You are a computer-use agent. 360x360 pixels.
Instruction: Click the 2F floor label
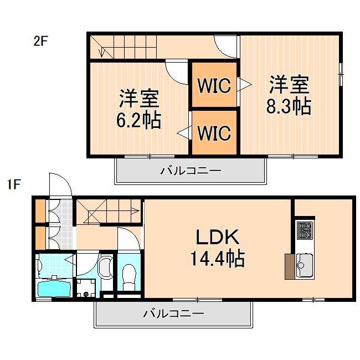(x=41, y=42)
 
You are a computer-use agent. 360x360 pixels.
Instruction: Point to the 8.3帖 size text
(x=288, y=106)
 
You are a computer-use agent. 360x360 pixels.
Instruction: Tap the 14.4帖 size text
(x=218, y=259)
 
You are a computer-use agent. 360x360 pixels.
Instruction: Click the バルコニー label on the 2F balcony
(x=191, y=171)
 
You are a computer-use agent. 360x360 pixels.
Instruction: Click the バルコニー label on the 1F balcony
(x=173, y=314)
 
